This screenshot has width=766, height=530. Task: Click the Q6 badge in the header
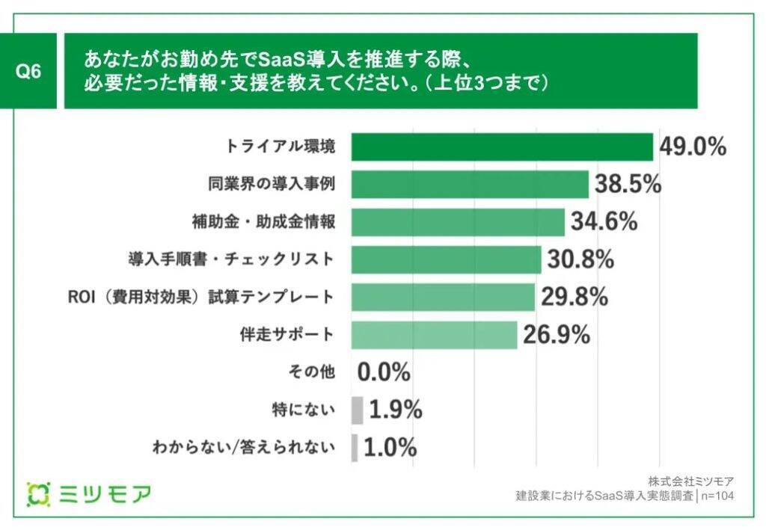[x=28, y=72]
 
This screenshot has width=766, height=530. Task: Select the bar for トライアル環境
[x=502, y=147]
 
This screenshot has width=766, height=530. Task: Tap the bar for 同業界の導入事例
[x=470, y=184]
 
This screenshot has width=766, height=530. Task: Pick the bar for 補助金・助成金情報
[x=458, y=221]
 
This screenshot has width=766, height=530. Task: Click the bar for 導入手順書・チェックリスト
[x=446, y=259]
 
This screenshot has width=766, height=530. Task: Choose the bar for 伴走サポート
[x=434, y=335]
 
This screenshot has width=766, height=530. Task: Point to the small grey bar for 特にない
[x=357, y=410]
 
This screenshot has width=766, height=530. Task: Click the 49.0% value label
[x=693, y=147]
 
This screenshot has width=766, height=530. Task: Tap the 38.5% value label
[x=628, y=184]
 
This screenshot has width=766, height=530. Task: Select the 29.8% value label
[x=574, y=297]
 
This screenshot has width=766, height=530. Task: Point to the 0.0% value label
[x=384, y=372]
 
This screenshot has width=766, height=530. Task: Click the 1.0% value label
[x=390, y=448]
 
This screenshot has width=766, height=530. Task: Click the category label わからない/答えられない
[x=243, y=448]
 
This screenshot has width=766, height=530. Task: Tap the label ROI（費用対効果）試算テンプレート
[x=200, y=297]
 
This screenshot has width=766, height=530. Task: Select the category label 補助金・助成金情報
[x=263, y=222]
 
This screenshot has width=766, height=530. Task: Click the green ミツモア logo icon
[x=39, y=493]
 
